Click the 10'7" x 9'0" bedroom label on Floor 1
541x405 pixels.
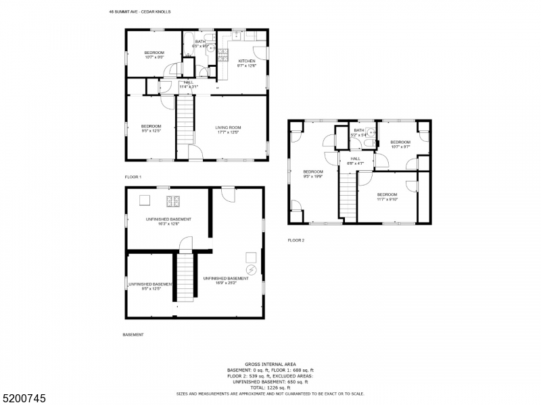[155, 55]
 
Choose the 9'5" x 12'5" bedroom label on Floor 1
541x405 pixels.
[151, 128]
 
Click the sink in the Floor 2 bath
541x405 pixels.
[369, 134]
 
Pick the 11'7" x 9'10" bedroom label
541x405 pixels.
[387, 196]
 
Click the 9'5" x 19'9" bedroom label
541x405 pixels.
[312, 174]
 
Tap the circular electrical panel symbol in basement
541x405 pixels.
[252, 269]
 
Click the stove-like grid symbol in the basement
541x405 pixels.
[174, 200]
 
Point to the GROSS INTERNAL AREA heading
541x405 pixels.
[270, 364]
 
